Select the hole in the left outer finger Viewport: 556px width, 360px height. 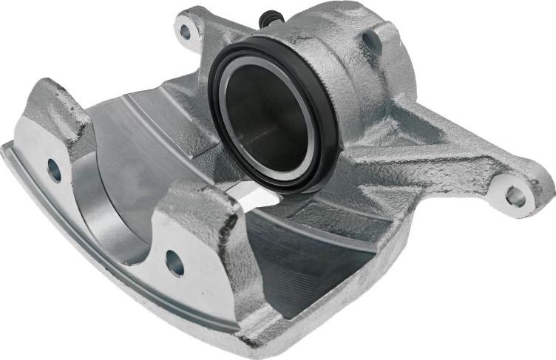pyautogui.click(x=54, y=170)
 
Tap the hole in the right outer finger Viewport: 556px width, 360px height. pyautogui.click(x=174, y=261)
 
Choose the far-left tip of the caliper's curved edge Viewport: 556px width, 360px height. pyautogui.click(x=6, y=148)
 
